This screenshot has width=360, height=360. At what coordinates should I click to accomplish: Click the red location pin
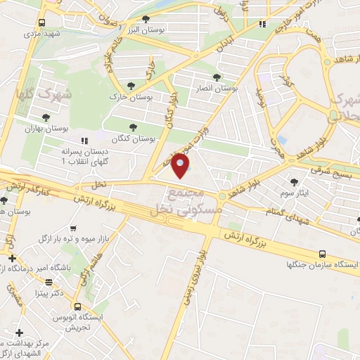point(181,166)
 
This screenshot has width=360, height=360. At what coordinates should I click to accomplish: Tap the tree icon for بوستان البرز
point(146,20)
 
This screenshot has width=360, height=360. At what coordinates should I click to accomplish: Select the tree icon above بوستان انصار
point(217,77)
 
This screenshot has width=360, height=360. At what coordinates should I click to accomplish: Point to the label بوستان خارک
point(127,96)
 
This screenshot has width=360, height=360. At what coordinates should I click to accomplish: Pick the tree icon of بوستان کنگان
point(133,127)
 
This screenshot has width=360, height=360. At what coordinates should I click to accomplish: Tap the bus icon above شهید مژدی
point(42,22)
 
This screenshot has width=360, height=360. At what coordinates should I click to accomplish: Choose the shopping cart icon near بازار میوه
point(73,229)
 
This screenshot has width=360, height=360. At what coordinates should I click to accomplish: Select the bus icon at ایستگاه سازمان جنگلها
point(322,253)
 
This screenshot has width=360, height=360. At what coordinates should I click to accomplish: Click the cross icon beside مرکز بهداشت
point(19,332)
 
